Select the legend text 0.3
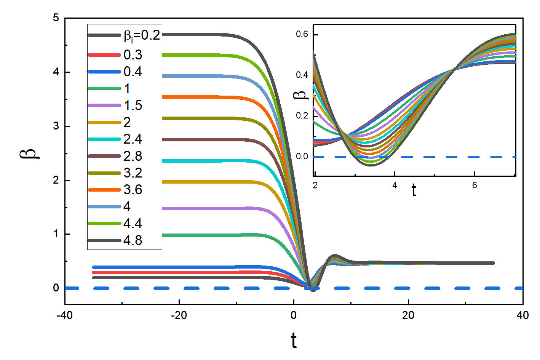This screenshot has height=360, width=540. pos(133,55)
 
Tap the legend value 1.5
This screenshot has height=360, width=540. pos(133,106)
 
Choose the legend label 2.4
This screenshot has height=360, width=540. pos(133,139)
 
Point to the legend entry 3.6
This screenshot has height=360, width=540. pos(133,189)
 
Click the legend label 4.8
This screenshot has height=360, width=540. pos(133,240)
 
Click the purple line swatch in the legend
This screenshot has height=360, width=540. pos(104,106)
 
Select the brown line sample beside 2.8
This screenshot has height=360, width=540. pos(104,156)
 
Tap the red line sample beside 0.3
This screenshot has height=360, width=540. pos(104,55)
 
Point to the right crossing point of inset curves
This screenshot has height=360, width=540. pos(454,69)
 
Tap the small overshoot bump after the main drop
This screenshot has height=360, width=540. pos(335,256)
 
